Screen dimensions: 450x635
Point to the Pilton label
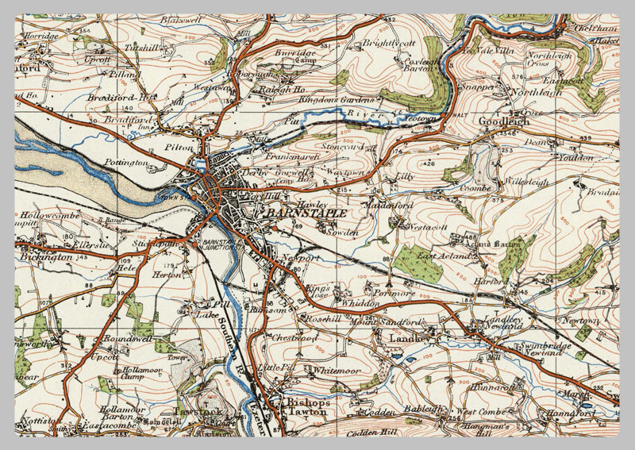(x=174, y=147)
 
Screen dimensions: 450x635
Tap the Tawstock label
(x=194, y=413)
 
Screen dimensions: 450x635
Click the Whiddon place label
(x=357, y=303)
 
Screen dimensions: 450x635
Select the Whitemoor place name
(x=337, y=371)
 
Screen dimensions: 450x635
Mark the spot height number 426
(x=429, y=164)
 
